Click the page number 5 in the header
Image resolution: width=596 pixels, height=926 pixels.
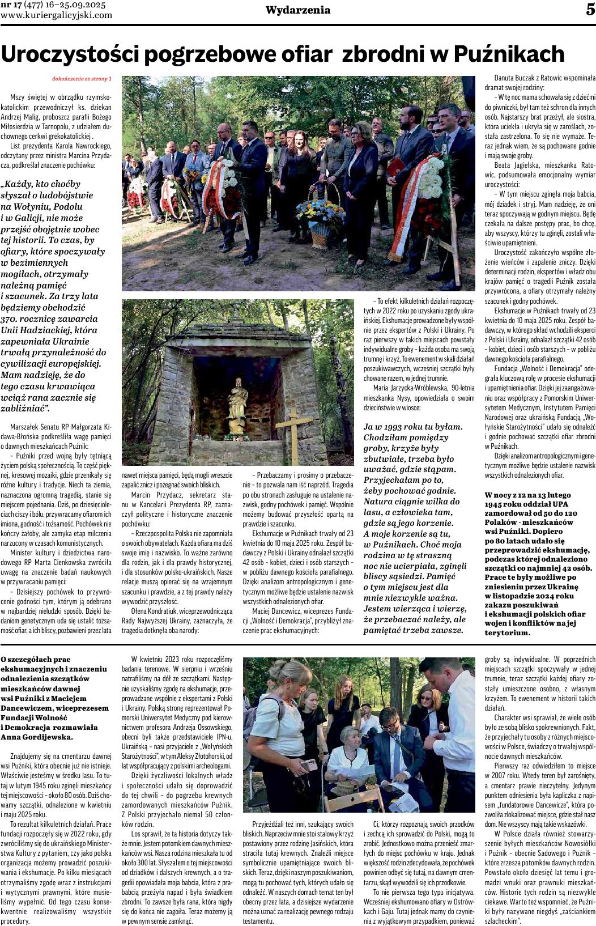(x=590, y=10)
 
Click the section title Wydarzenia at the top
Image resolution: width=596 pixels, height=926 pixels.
(x=298, y=10)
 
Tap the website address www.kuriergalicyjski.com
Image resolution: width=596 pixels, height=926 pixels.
(x=57, y=15)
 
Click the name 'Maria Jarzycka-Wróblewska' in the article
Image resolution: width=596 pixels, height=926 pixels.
(x=410, y=388)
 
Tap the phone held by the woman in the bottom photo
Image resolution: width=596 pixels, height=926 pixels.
(x=310, y=765)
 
